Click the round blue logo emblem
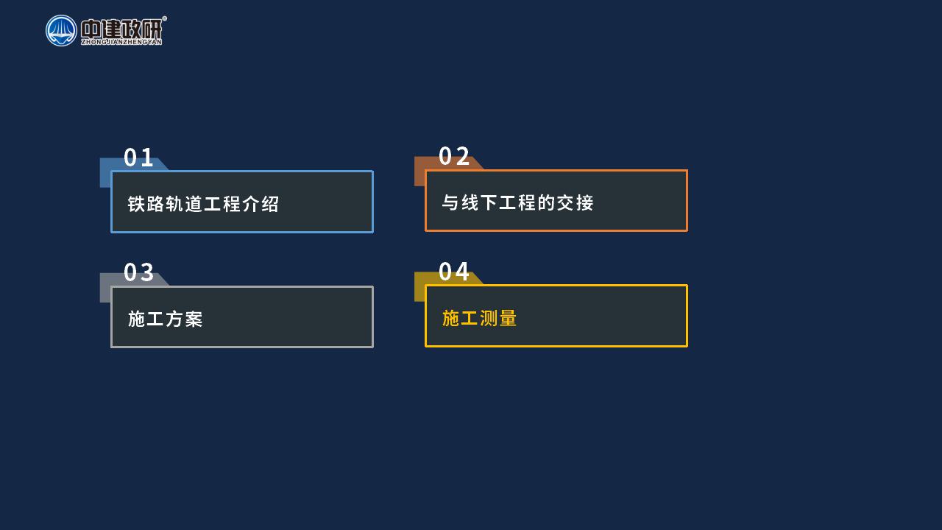click(x=61, y=31)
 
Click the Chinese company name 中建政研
click(x=121, y=29)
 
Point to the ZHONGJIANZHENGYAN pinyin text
click(x=121, y=42)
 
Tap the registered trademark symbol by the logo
click(x=164, y=18)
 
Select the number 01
click(x=138, y=158)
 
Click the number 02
click(x=454, y=157)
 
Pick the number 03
click(x=138, y=272)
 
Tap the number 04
click(x=454, y=272)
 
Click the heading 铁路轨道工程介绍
click(x=203, y=204)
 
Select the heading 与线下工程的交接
click(x=517, y=202)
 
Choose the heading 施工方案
click(x=166, y=319)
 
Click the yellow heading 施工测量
click(x=479, y=318)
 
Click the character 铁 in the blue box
click(x=136, y=204)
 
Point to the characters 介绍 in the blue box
click(x=261, y=204)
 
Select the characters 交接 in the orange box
click(x=576, y=202)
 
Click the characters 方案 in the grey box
click(x=184, y=319)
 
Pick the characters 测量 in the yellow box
click(x=498, y=318)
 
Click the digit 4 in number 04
click(x=461, y=272)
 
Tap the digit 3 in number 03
click(x=146, y=272)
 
